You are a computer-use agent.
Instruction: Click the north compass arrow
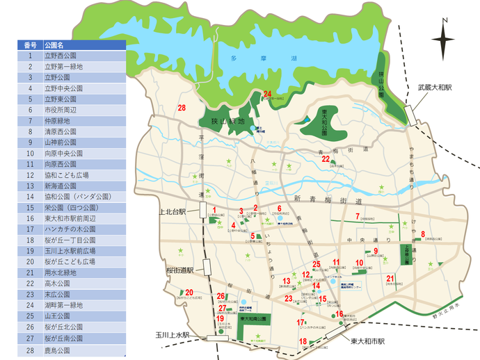pos(443,42)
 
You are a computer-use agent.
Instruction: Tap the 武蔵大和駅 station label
pos(435,88)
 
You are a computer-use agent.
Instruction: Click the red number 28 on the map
pos(182,108)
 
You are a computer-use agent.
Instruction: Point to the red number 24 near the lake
pos(267,94)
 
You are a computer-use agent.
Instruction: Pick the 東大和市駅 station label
pos(367,341)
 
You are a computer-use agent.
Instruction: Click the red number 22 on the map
pos(326,159)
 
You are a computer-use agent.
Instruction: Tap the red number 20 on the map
pos(189,293)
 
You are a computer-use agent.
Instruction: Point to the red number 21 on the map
pos(390,279)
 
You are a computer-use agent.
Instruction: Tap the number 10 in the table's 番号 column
pos(30,153)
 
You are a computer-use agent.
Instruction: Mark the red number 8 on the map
pos(423,234)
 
